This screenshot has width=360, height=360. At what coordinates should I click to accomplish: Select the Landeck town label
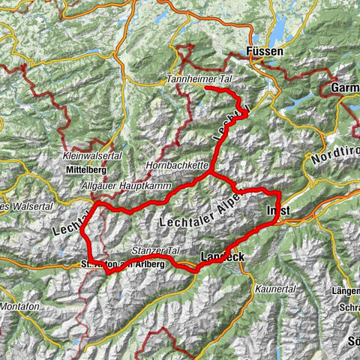coord(223,258)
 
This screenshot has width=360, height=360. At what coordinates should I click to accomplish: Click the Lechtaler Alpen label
coord(202,211)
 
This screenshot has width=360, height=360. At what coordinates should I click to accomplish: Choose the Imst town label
coord(277,211)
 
